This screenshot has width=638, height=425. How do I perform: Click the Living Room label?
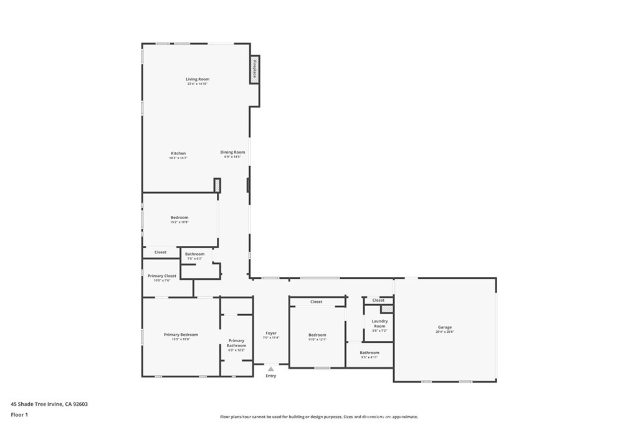(197, 79)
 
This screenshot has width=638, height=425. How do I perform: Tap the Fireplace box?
(255, 68)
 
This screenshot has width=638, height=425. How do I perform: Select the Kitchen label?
(178, 153)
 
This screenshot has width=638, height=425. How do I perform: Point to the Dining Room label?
(232, 152)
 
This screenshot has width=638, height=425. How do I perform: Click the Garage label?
(445, 327)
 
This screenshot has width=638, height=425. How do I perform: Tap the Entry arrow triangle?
(270, 369)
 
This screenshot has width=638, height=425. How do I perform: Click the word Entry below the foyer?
(270, 376)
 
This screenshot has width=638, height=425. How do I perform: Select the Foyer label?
(270, 333)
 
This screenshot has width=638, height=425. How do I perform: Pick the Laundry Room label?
(379, 324)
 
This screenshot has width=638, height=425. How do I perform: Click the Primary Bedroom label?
(181, 335)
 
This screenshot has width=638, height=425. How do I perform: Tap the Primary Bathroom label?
(236, 343)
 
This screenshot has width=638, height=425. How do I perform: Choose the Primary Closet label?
(162, 276)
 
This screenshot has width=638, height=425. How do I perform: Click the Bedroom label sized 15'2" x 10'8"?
(179, 217)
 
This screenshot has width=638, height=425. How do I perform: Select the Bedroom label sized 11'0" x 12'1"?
(317, 335)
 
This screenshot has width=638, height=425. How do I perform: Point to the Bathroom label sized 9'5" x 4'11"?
(369, 353)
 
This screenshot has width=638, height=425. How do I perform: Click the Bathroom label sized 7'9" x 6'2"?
(194, 254)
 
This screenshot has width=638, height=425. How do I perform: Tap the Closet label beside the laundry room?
(378, 301)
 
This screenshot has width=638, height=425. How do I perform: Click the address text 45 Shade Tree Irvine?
(49, 404)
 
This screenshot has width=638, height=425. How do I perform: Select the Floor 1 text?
(19, 414)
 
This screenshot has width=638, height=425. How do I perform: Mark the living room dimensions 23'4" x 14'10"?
(197, 84)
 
